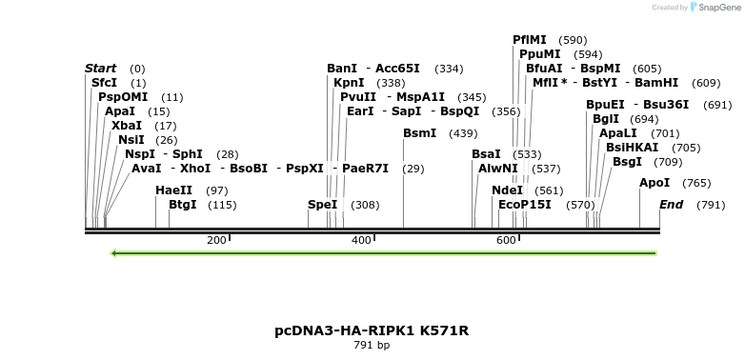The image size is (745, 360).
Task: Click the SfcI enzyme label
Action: click(104, 83)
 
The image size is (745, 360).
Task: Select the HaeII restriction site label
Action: click(173, 190)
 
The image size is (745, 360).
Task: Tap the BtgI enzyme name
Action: click(182, 205)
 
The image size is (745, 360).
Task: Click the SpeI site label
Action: click(323, 205)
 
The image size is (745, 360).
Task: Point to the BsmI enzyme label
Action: click(420, 133)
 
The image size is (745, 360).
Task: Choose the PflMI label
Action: click(530, 40)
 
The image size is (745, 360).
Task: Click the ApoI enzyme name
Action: click(654, 183)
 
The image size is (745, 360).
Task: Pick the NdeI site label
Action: click(507, 190)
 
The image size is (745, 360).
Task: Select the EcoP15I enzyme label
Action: click(525, 205)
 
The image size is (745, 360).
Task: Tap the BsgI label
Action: click(628, 162)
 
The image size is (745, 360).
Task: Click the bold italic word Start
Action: click(101, 69)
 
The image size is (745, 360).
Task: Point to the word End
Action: click(671, 205)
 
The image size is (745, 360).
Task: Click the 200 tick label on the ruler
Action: click(216, 240)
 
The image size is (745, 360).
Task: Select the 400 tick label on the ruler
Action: click(361, 240)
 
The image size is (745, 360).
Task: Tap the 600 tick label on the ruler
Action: click(506, 240)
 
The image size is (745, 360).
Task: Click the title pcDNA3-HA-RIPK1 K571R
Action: click(372, 330)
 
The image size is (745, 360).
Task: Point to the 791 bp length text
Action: click(372, 346)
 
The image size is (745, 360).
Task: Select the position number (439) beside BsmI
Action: click(463, 133)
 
